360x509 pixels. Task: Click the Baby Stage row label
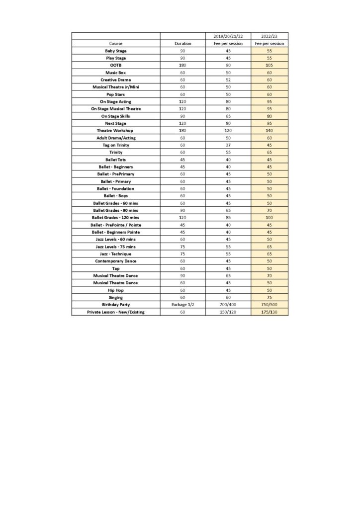[115, 51]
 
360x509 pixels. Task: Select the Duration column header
[182, 44]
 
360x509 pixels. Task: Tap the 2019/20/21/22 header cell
[228, 36]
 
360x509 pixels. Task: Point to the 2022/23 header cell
[269, 36]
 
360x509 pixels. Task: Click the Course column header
[115, 44]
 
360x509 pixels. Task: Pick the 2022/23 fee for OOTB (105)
[269, 65]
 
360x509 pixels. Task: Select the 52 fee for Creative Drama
[228, 80]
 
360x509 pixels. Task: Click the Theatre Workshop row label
[115, 130]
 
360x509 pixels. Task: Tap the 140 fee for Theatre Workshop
[269, 130]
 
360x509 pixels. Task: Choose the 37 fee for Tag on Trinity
[228, 145]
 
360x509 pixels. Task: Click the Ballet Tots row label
[115, 160]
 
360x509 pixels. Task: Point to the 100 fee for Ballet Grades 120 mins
[269, 217]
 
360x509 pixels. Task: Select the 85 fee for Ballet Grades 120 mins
[228, 217]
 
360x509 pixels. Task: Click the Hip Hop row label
[115, 290]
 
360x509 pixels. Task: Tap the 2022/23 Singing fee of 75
[269, 297]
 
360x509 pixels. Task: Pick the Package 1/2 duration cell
[182, 305]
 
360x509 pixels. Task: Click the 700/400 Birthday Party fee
[228, 305]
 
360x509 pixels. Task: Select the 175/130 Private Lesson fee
[269, 312]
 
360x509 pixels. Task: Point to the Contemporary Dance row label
[115, 261]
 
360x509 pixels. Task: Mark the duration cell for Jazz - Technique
[182, 254]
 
